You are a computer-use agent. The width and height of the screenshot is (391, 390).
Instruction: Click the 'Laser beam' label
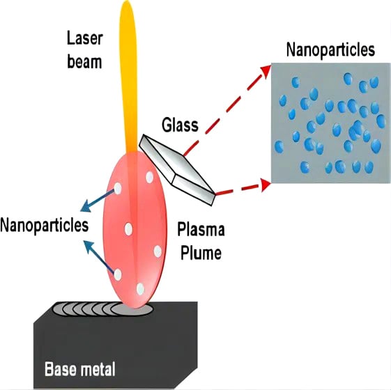(85, 50)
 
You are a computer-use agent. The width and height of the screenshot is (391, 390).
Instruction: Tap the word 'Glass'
(180, 125)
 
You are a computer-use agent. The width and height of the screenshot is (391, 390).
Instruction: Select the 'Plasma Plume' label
(201, 241)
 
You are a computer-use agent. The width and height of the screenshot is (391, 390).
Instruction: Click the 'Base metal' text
(79, 368)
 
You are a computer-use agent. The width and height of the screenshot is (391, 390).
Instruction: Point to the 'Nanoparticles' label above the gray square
(330, 50)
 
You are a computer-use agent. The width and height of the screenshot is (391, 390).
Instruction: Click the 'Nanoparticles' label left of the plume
(45, 225)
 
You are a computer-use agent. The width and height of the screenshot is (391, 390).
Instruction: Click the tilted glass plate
(177, 170)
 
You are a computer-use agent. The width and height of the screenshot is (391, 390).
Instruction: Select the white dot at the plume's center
(128, 229)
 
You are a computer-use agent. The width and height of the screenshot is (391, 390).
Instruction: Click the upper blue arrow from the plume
(98, 201)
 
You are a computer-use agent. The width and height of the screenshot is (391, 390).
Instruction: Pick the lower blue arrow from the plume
(98, 257)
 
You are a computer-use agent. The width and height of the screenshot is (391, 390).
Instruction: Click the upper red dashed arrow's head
(266, 70)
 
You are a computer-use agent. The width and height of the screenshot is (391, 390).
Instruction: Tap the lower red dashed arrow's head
(266, 185)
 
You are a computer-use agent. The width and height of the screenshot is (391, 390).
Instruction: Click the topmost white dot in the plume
(150, 177)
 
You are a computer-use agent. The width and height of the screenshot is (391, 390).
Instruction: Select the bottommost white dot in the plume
(140, 289)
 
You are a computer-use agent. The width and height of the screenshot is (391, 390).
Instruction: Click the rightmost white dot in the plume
(158, 251)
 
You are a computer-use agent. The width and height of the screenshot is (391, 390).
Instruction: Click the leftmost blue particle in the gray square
(279, 146)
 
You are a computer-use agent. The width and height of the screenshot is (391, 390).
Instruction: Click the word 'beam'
(84, 61)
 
